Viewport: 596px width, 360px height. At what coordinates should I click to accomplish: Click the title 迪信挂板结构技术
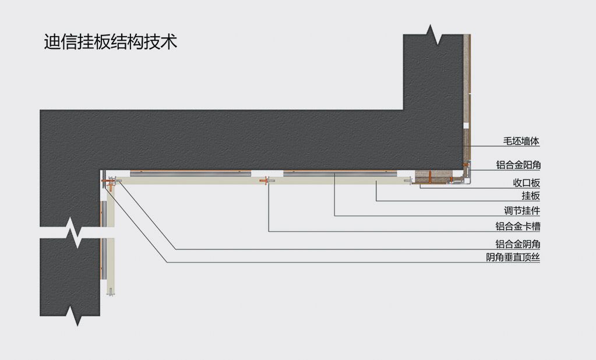110,42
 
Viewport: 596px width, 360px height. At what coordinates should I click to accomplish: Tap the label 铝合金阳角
517,165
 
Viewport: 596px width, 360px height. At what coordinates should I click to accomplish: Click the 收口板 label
526,182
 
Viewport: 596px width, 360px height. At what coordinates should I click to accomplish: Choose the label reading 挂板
530,196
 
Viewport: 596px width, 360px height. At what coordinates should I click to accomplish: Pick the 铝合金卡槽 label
517,226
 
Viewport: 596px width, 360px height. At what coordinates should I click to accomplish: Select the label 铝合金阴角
517,244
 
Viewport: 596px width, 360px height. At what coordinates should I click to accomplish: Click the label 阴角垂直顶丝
513,257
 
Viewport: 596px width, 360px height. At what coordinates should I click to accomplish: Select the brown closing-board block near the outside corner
429,175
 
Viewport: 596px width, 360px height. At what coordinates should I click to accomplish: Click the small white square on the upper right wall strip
465,125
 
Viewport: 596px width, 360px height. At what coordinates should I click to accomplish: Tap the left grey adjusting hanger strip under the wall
191,173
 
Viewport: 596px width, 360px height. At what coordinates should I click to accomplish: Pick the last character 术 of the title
169,42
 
